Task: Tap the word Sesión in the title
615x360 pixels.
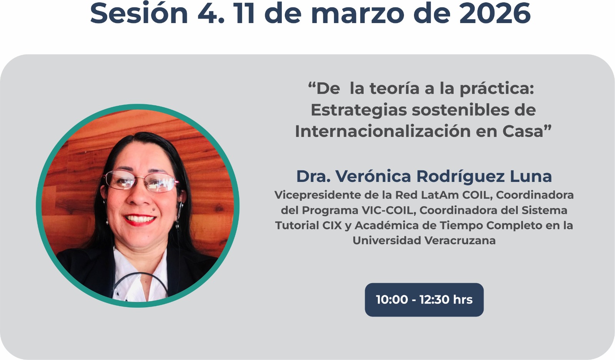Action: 139,13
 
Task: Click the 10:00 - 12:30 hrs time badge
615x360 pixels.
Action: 424,300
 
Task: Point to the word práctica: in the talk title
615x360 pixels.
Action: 497,89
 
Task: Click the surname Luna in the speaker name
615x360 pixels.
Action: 531,176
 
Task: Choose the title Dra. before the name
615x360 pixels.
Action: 313,176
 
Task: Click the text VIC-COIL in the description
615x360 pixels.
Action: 387,210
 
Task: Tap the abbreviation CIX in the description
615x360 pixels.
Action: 332,225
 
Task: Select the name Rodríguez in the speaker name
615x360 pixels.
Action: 460,177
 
